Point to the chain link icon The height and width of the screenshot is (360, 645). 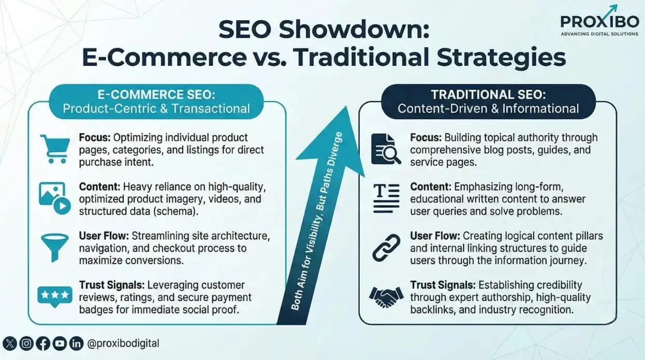tap(386, 248)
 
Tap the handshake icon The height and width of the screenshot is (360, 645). tap(386, 297)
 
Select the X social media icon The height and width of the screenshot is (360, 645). tap(10, 343)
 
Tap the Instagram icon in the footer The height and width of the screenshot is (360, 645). tap(27, 343)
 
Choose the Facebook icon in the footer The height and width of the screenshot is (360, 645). tap(43, 343)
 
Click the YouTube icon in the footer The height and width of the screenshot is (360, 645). tap(60, 343)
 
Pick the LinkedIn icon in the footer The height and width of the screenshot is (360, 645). tap(77, 343)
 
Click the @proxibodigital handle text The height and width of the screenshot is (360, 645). tap(123, 343)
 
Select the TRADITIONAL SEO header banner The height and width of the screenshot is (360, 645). tap(488, 102)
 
